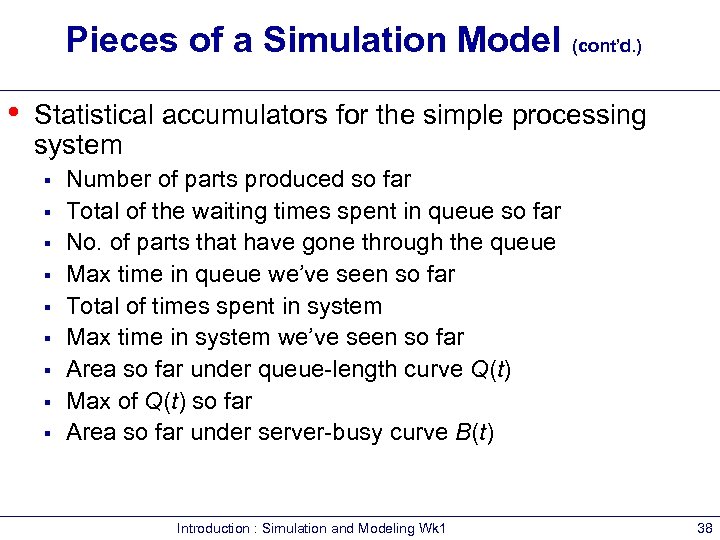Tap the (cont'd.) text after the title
(x=607, y=46)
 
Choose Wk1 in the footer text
(x=431, y=528)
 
